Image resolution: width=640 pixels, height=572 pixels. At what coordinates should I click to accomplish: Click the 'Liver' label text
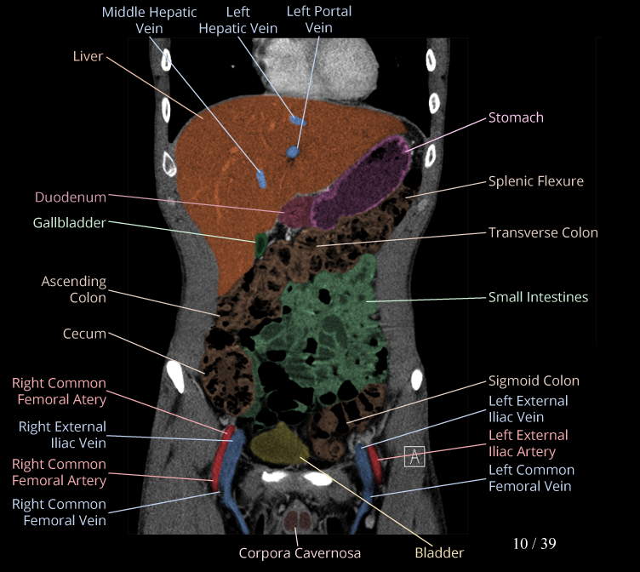pos(88,56)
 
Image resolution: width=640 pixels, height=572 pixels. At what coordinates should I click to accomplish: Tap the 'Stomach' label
pos(516,117)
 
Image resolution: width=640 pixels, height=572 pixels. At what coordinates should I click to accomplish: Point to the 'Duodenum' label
pos(71,197)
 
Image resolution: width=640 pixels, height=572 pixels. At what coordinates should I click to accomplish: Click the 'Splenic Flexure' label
pos(535,181)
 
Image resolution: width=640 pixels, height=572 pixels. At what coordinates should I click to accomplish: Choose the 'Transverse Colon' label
pos(543,232)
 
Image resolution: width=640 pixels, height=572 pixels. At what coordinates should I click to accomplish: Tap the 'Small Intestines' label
pos(538,297)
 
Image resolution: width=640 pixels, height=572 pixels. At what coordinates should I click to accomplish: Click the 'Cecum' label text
pos(84,334)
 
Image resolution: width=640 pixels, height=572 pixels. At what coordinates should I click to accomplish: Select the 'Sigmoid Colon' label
pos(534,381)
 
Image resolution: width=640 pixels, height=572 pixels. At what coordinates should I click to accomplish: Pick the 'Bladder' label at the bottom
pos(439,552)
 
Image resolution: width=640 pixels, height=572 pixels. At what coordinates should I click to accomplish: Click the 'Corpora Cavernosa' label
pos(300,552)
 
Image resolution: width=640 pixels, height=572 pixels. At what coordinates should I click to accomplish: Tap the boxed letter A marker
pos(414,456)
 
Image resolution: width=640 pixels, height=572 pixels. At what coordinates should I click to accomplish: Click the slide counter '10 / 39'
pos(534,543)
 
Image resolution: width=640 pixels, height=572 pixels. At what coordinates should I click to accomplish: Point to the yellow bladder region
pos(280,441)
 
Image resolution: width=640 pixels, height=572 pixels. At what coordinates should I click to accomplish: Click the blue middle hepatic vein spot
pos(261,179)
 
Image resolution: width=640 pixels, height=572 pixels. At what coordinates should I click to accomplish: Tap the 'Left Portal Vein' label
pos(319,20)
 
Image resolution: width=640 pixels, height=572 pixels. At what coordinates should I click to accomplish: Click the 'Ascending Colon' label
pos(74,289)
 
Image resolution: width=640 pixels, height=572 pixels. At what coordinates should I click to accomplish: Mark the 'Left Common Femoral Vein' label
pos(531,478)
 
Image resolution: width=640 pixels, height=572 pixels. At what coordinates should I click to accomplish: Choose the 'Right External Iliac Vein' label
pos(62,434)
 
